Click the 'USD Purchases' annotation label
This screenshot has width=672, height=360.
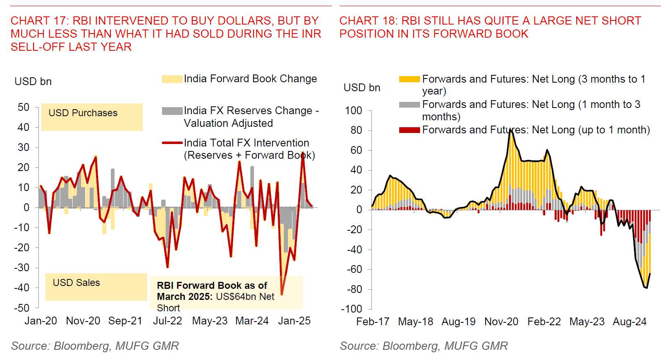[83, 113]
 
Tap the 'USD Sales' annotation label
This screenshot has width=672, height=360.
[76, 283]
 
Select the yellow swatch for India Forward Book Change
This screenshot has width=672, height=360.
[172, 79]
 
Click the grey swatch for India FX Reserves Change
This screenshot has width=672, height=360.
[172, 111]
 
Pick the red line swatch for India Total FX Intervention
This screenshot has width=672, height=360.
[172, 143]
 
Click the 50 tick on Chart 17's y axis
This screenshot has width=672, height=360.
[24, 107]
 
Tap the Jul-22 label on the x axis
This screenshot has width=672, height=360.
[167, 321]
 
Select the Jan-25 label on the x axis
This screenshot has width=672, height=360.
[294, 321]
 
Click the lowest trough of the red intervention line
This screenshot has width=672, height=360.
[281, 294]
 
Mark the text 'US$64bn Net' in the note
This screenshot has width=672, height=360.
[245, 297]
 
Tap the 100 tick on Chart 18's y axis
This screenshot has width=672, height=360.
[353, 110]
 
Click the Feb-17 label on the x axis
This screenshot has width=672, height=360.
[373, 322]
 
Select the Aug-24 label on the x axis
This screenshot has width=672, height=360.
[629, 322]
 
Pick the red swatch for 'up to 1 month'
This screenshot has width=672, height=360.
[409, 130]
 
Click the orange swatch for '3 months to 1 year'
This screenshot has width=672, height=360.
[409, 79]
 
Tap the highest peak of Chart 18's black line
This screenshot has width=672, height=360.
[510, 130]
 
